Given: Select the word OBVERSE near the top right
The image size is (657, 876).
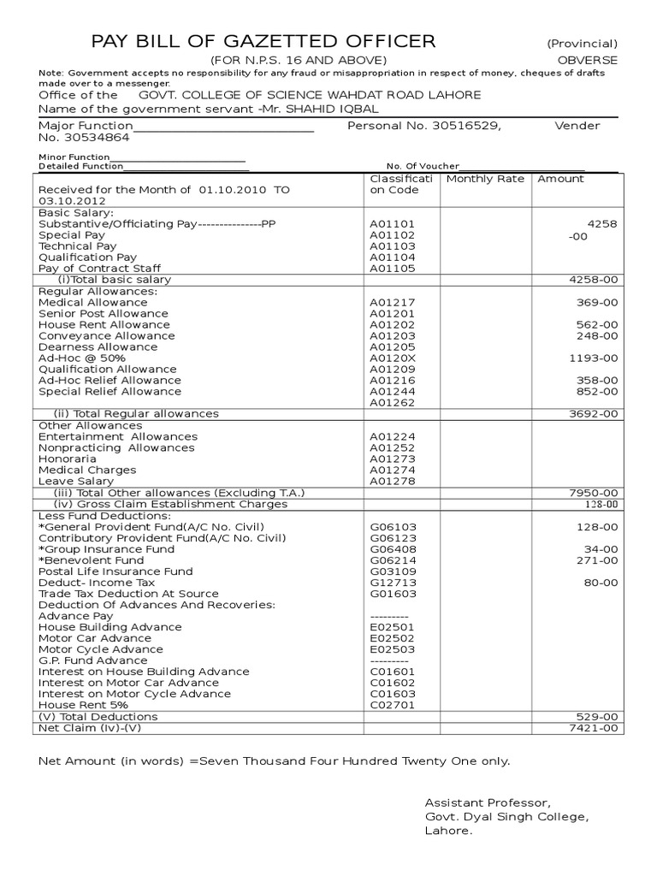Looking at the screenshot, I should click(588, 60).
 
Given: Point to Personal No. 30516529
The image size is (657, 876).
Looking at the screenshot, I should click(423, 126).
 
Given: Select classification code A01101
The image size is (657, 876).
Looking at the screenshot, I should click(392, 224).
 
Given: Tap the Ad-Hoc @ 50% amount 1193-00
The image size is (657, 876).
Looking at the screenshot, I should click(593, 358).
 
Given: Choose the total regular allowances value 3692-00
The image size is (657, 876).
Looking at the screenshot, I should click(593, 413).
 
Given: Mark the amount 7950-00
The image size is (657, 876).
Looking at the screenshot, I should click(593, 493).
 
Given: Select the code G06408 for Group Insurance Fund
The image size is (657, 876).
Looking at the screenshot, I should click(392, 548).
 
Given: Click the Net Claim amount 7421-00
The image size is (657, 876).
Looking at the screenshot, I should click(593, 727).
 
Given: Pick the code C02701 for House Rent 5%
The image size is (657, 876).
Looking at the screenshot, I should click(392, 705).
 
